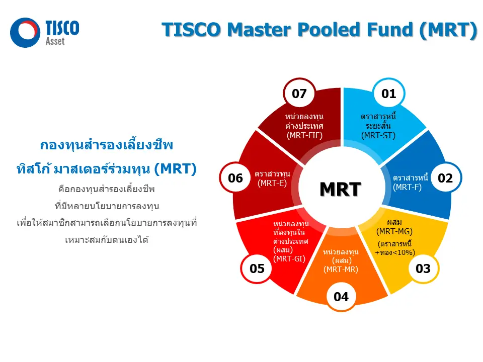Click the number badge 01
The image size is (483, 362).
coord(389,94)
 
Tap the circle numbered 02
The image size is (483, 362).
coord(445,178)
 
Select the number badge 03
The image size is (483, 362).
coord(423,268)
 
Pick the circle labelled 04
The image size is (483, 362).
coord(341,297)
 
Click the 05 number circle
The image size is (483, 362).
coord(257,268)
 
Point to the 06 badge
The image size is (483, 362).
coord(235,178)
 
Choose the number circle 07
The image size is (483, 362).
coord(299,94)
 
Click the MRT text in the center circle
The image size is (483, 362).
coord(341,189)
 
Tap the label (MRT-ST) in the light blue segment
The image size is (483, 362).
coord(378,135)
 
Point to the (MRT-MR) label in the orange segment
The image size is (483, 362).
coord(341,269)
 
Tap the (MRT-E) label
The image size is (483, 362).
coord(272,184)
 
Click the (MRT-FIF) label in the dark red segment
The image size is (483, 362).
coord(304,135)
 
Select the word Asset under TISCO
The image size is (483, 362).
coord(55,42)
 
